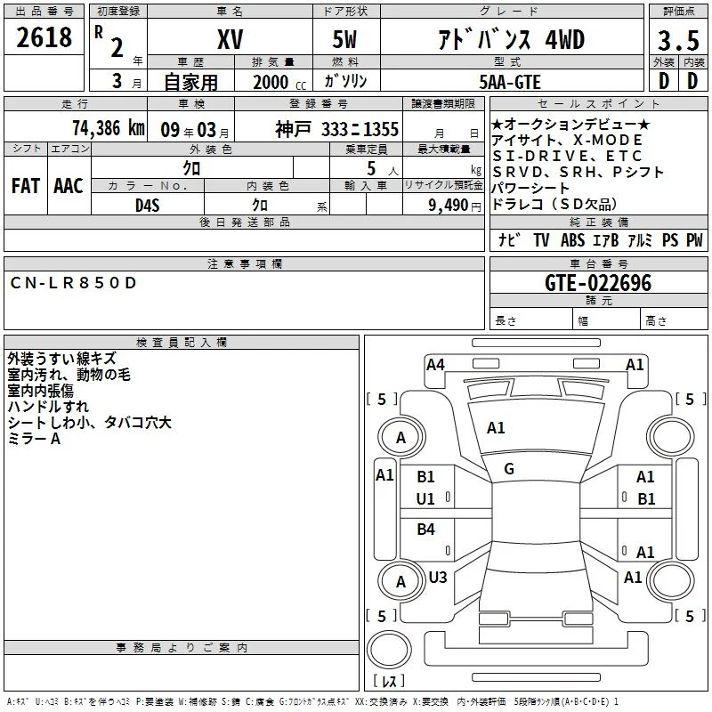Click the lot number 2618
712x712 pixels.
pyautogui.click(x=44, y=37)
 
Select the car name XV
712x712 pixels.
pyautogui.click(x=230, y=39)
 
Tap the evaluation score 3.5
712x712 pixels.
pyautogui.click(x=678, y=40)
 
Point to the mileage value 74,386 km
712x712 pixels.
pyautogui.click(x=109, y=128)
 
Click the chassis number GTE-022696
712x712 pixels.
pyautogui.click(x=598, y=283)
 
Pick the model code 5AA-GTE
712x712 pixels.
pyautogui.click(x=510, y=82)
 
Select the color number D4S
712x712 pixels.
pyautogui.click(x=148, y=206)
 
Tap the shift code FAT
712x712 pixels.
pyautogui.click(x=26, y=186)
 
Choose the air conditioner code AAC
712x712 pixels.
pyautogui.click(x=69, y=186)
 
